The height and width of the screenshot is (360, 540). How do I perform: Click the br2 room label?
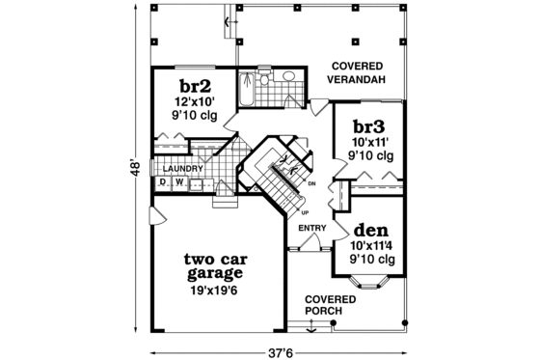click(x=196, y=83)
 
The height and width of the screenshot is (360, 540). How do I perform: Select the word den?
click(x=370, y=231)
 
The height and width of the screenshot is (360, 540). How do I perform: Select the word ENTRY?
click(x=310, y=228)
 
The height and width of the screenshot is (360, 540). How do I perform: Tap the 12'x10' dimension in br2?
click(x=196, y=100)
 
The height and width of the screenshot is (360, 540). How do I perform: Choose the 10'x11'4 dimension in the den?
click(x=372, y=246)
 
